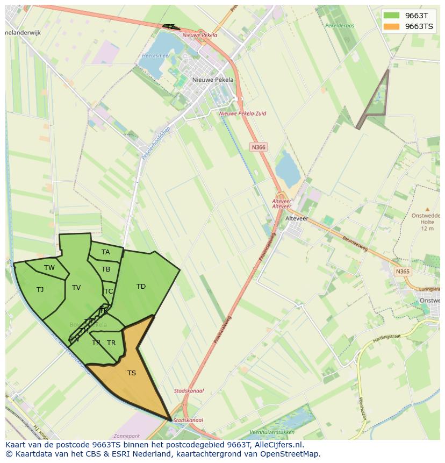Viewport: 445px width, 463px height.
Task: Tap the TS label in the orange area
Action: [132, 373]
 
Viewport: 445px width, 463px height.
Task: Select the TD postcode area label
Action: [141, 287]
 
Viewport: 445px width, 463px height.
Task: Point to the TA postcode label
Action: [106, 252]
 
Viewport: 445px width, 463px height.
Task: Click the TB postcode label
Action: [106, 269]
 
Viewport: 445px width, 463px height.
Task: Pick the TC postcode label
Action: [109, 291]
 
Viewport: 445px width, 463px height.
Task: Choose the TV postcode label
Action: [76, 288]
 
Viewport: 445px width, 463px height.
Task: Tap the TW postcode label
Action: [49, 268]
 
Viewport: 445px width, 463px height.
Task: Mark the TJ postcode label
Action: [40, 290]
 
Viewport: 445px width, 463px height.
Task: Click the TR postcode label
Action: [111, 343]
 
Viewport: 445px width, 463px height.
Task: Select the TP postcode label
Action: [96, 342]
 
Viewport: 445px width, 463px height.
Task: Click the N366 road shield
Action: [259, 147]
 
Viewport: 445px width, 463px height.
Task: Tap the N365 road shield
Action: [403, 272]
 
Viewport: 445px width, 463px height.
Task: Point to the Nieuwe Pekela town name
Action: [213, 80]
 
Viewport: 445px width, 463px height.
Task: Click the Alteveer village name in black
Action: [297, 218]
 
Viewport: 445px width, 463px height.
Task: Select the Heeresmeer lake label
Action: [156, 55]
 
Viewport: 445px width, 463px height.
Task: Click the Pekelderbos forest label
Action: [340, 25]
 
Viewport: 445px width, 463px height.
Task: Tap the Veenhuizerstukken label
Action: [272, 432]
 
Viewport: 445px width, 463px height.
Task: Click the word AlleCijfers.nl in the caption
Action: [278, 445]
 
